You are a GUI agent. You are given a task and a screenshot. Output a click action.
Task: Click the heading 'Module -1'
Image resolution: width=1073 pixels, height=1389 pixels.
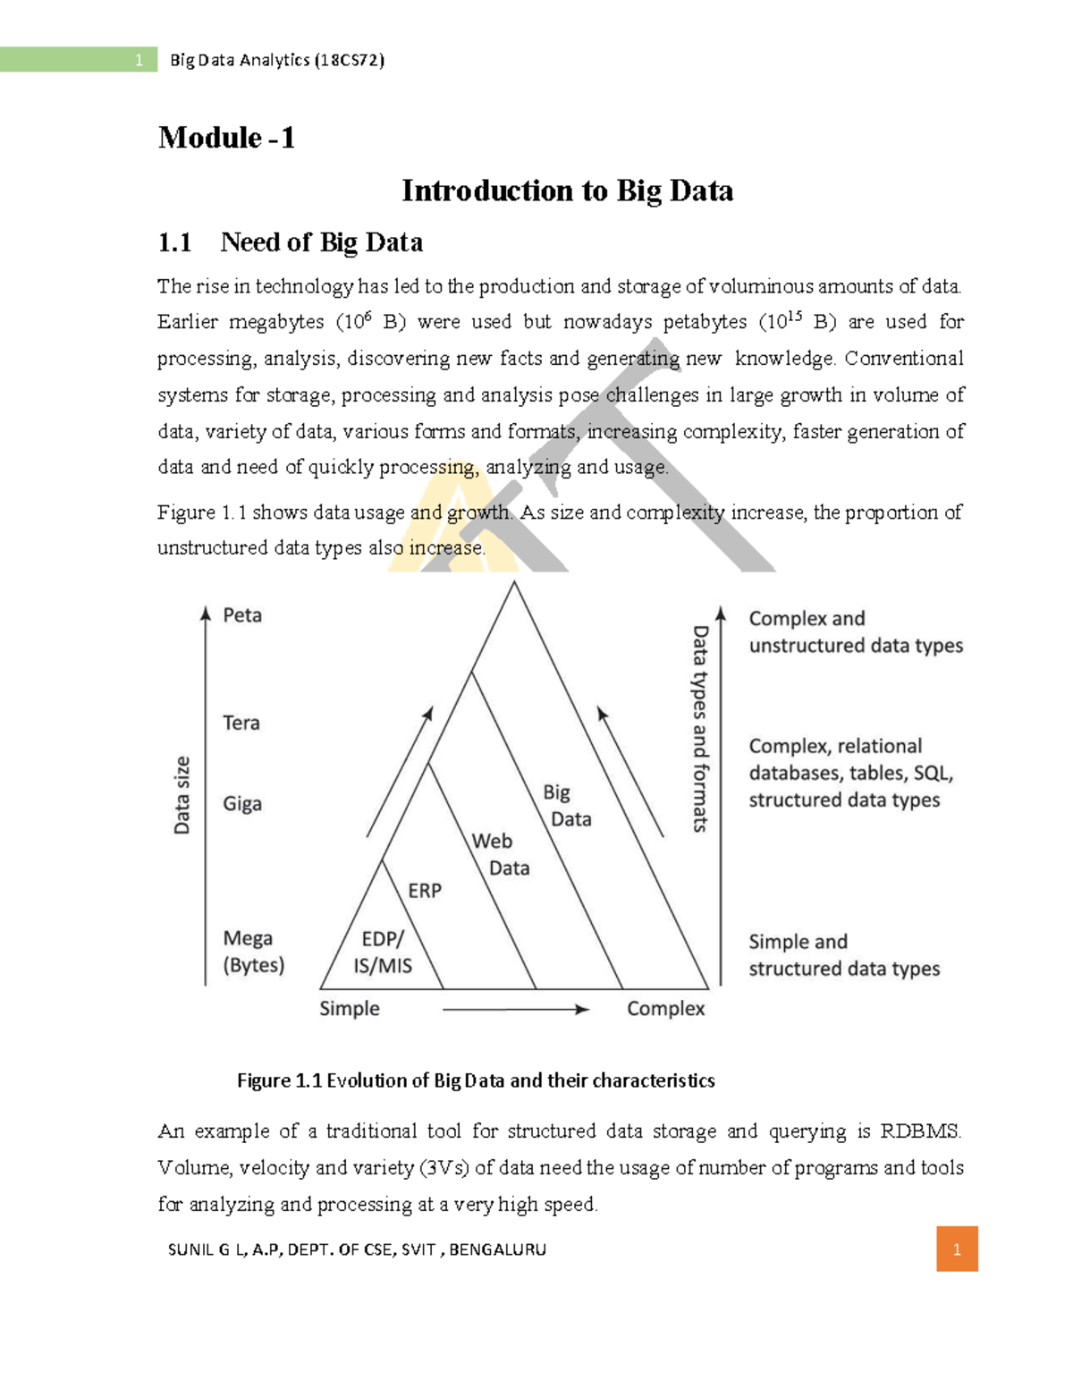(226, 138)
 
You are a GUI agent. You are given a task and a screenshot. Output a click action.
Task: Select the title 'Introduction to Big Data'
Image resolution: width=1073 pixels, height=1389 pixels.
(567, 191)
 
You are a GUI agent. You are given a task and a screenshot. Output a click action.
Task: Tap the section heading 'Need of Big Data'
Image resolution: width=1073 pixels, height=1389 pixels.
(321, 242)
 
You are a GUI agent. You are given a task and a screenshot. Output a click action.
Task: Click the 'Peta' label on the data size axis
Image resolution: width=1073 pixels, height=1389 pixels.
(242, 615)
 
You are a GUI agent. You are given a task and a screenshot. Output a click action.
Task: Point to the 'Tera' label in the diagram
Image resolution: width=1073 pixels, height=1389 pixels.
(241, 723)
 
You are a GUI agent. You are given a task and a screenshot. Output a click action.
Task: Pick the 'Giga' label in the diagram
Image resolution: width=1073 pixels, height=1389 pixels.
(242, 803)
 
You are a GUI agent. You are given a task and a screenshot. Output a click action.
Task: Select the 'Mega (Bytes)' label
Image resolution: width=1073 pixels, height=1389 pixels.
(253, 952)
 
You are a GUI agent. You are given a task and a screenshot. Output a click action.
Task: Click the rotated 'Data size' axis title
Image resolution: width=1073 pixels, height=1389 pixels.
(182, 795)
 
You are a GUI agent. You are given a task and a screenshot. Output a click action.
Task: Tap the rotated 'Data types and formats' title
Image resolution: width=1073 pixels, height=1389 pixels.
(700, 729)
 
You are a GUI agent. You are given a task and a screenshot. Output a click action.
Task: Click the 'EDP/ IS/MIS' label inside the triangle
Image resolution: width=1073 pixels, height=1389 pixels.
(383, 952)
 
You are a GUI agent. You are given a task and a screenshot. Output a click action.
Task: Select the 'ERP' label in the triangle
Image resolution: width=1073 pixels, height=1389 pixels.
(425, 891)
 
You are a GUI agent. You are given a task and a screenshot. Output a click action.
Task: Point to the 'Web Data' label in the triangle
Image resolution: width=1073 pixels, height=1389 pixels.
(500, 854)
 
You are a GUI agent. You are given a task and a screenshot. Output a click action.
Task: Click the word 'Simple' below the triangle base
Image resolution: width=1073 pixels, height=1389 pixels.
(350, 1009)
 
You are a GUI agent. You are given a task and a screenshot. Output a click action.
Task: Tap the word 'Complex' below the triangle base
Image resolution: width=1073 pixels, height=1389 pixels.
(665, 1009)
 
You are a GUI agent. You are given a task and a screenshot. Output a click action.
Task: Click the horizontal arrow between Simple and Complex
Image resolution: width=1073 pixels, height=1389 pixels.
(516, 1010)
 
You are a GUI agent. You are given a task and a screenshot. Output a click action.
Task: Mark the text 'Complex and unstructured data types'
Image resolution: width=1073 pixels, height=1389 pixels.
(855, 632)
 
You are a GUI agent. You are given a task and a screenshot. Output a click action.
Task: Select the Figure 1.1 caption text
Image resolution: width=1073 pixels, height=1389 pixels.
(476, 1080)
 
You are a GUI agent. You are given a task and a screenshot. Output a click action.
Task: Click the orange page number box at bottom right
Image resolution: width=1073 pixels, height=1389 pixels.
(957, 1249)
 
